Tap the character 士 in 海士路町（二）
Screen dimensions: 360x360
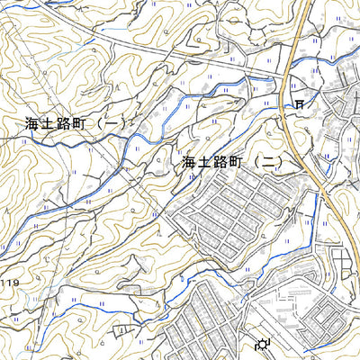click(x=208, y=163)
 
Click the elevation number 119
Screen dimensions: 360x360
click(x=9, y=284)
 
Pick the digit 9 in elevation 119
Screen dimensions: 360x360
click(x=14, y=284)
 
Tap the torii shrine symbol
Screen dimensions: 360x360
click(x=298, y=104)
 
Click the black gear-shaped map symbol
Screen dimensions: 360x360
click(x=263, y=344)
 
